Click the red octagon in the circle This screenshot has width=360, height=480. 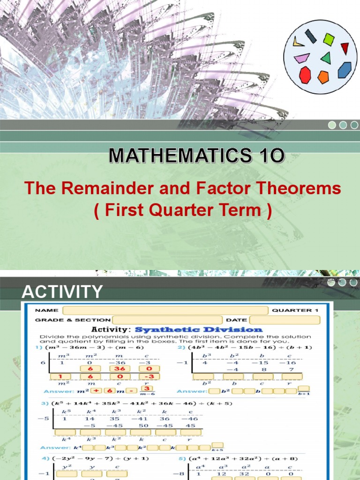click(305, 75)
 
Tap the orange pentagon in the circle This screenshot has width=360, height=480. click(323, 77)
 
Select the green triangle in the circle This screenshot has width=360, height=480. click(326, 58)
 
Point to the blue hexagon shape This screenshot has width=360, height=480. click(345, 70)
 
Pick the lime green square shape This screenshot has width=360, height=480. click(329, 39)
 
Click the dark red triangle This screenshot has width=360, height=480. click(345, 48)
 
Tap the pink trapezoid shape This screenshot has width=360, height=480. click(301, 58)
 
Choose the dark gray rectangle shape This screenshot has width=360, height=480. click(311, 36)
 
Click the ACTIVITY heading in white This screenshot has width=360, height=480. click(62, 292)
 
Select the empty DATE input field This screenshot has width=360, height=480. click(288, 320)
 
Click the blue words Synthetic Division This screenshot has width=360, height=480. click(211, 330)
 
